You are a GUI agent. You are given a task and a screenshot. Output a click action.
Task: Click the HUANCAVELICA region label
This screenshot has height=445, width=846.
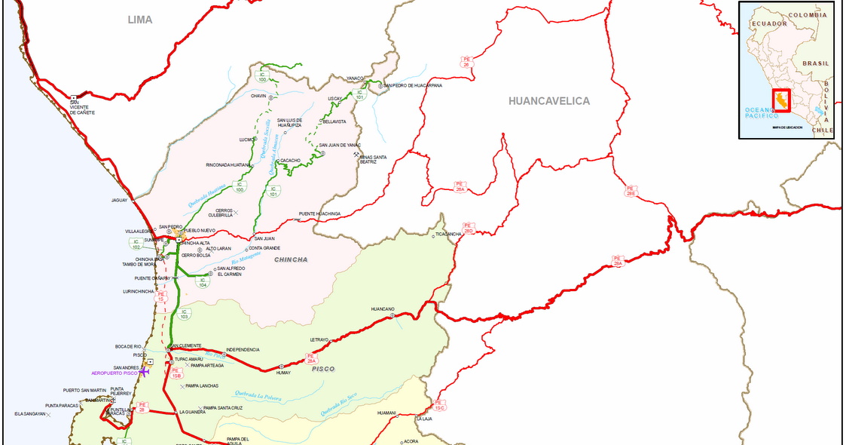(548, 101)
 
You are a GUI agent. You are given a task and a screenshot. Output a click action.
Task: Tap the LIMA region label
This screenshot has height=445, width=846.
(139, 20)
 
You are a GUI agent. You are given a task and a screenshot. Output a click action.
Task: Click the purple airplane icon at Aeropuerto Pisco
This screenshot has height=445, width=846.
(145, 373)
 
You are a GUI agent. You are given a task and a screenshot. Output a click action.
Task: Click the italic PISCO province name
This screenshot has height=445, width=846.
(322, 369)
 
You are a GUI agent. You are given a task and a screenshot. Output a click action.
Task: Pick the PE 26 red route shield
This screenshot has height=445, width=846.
(466, 62)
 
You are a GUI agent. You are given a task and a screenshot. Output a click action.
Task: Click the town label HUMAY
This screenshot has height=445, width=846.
(283, 373)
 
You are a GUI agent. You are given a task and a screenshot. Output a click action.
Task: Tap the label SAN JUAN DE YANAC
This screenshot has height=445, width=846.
(339, 145)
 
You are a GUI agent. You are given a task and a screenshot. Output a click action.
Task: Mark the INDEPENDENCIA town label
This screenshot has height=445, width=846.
(243, 349)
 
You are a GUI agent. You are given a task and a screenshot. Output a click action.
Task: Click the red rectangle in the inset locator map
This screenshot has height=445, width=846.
(782, 100)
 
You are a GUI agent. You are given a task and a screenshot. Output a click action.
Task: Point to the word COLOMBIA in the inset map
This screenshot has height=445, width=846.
(807, 14)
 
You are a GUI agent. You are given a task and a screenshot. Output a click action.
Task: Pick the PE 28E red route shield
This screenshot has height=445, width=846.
(631, 191)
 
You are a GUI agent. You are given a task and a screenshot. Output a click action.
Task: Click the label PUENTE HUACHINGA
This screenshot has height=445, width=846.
(319, 213)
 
